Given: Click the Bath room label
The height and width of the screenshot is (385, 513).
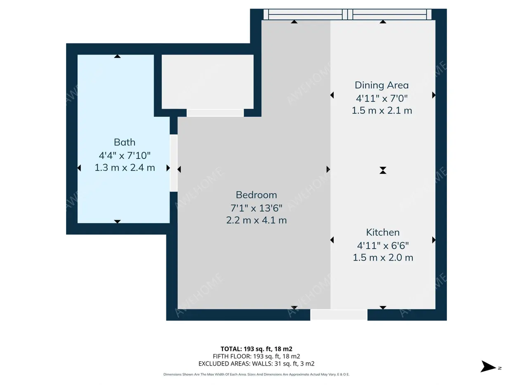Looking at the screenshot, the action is [x=124, y=142].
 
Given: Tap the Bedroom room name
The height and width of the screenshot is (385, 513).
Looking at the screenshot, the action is [x=256, y=195].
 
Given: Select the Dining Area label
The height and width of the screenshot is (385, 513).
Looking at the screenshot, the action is [x=382, y=85].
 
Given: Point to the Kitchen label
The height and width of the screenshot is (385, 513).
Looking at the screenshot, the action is [x=383, y=232].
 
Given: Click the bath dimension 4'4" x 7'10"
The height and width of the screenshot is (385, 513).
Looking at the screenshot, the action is [x=125, y=155].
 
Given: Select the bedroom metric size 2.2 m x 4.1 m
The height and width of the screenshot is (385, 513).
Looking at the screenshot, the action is [x=256, y=220].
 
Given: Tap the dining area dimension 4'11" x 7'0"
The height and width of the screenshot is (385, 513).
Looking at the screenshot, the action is [x=382, y=98].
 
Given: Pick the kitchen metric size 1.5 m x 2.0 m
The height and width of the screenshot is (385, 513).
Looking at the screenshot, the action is [x=383, y=257].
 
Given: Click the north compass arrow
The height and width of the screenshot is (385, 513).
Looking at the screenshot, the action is [x=488, y=366].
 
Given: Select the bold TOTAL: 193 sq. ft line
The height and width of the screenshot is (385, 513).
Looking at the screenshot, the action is [x=256, y=349].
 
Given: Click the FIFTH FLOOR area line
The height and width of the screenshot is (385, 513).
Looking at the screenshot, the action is [x=256, y=356].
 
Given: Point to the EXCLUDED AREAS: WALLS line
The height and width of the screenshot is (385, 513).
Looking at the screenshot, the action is [x=256, y=364].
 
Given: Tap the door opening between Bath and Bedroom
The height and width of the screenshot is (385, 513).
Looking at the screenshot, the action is [x=174, y=163].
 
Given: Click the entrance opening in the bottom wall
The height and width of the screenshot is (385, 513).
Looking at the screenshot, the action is [x=339, y=315].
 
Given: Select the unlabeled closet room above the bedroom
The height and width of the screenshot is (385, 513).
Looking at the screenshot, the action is [x=208, y=82].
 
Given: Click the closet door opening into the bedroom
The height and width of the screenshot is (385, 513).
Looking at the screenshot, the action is [x=215, y=113].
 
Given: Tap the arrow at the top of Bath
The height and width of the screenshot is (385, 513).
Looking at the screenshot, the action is [x=117, y=56].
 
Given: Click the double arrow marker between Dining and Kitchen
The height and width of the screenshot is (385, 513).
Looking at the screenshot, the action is [x=383, y=170].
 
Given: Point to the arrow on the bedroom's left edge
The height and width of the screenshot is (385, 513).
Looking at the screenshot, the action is [x=179, y=169].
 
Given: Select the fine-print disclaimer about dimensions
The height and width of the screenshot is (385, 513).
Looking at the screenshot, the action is [x=256, y=375].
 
